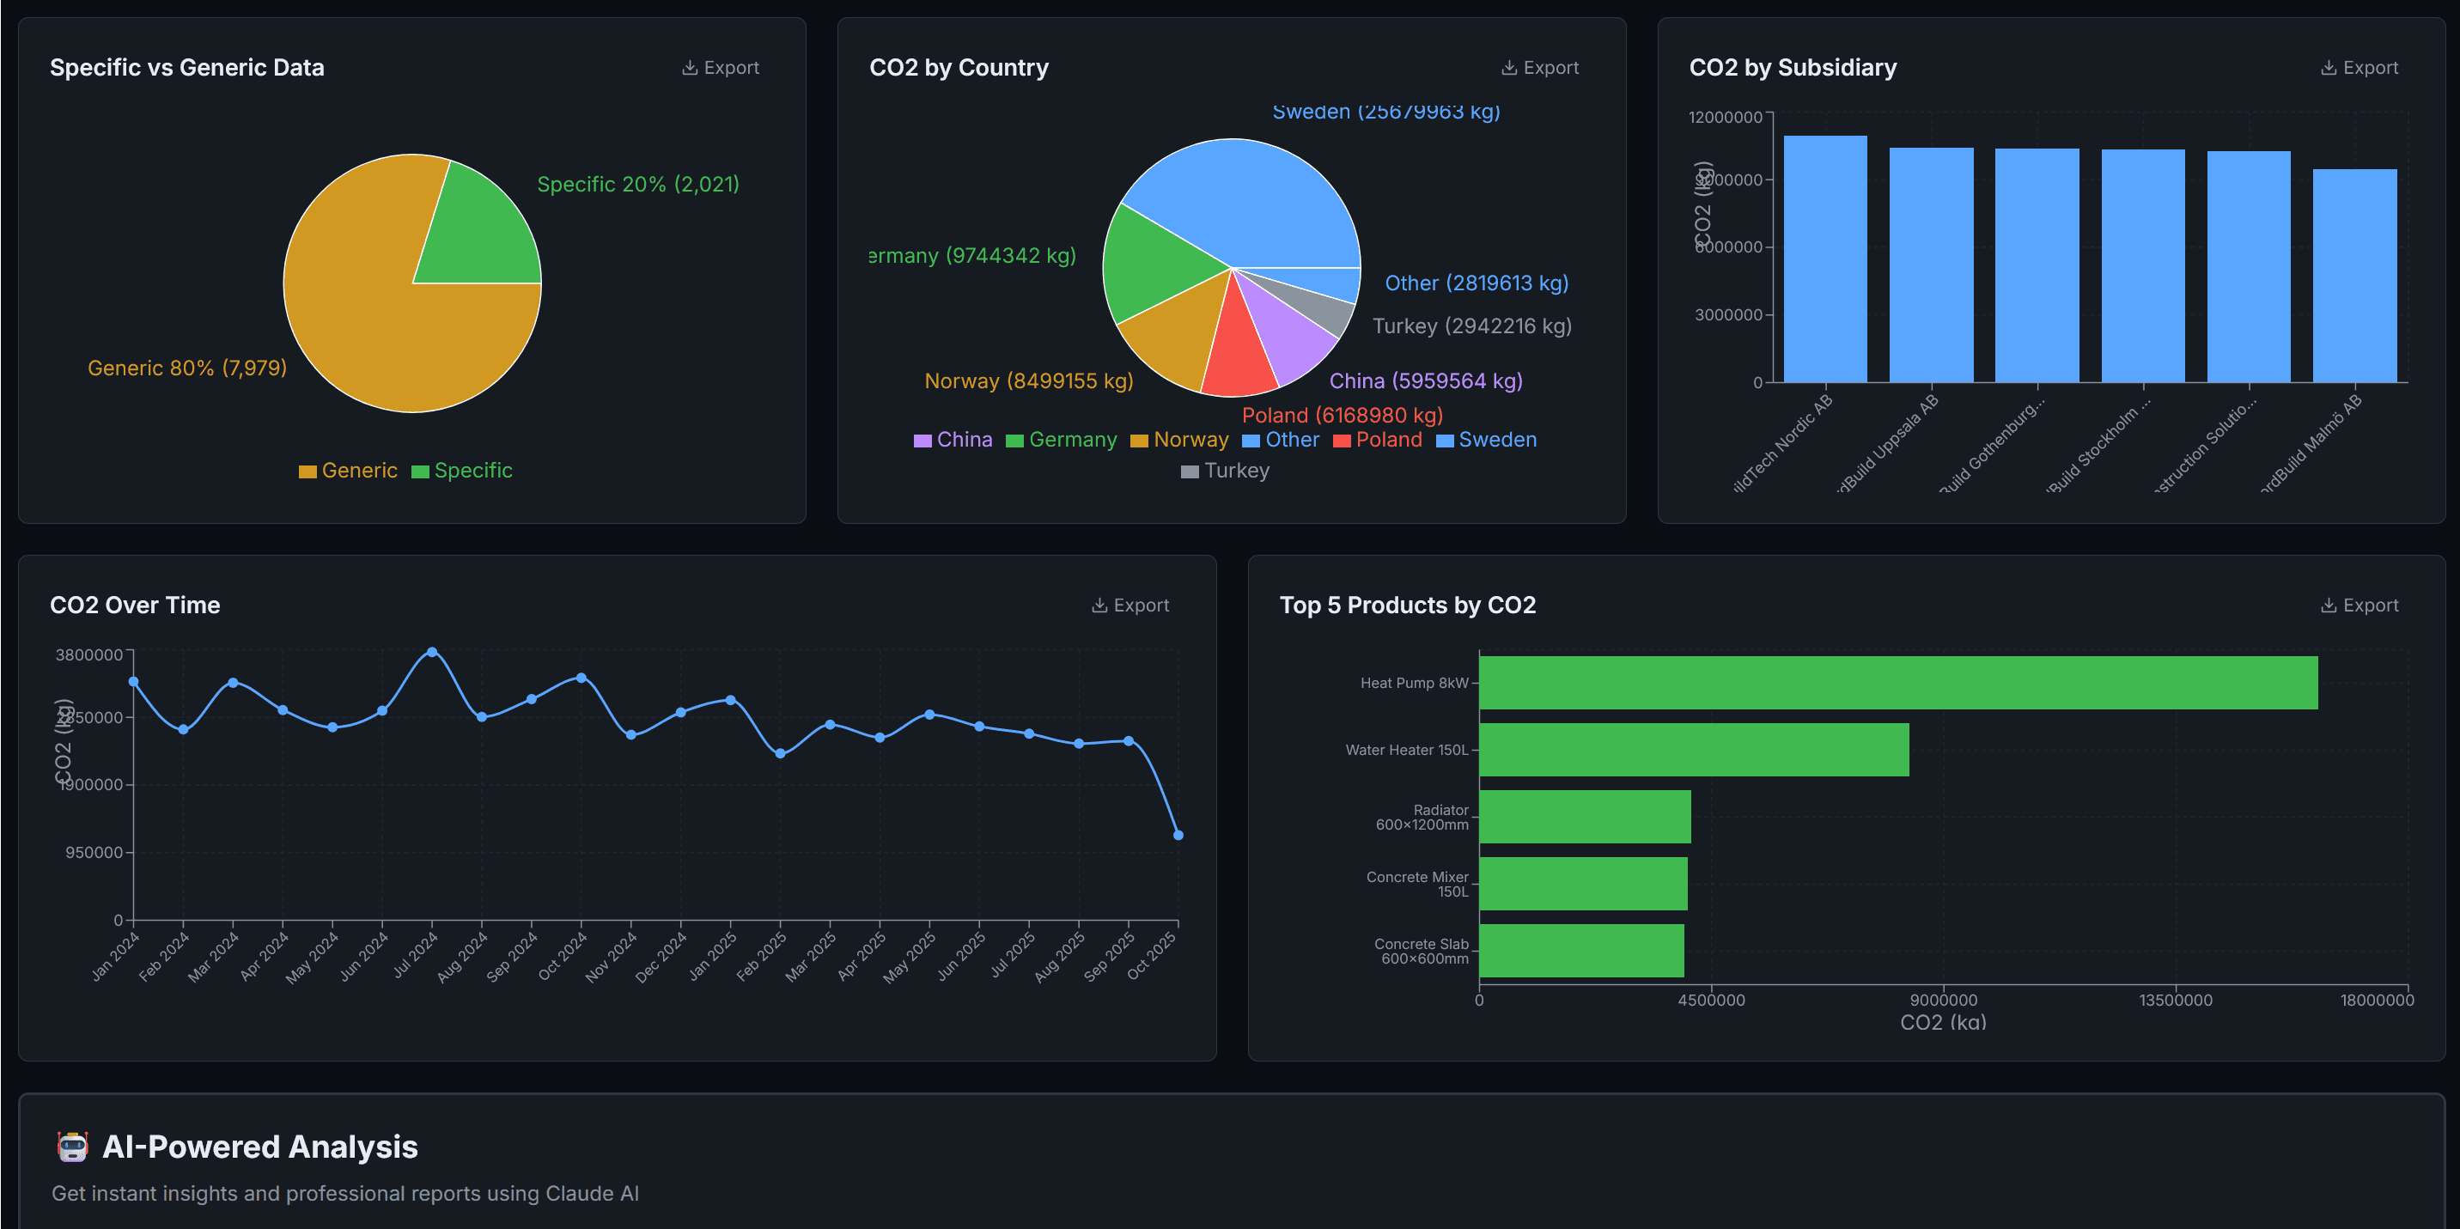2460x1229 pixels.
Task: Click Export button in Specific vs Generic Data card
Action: (x=721, y=68)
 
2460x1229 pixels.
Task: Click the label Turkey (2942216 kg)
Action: (x=1471, y=326)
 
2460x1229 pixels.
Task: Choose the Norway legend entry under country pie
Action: (x=1179, y=441)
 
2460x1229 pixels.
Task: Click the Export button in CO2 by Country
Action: (x=1540, y=68)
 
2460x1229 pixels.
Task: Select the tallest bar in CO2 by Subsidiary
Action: (x=1824, y=259)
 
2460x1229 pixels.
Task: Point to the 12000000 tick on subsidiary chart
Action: (x=1725, y=118)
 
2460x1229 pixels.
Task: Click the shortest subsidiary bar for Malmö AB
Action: (x=2354, y=276)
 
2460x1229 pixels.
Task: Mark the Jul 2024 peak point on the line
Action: (x=432, y=652)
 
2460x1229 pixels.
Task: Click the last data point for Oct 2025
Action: (x=1178, y=836)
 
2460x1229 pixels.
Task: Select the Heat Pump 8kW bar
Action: (x=1897, y=683)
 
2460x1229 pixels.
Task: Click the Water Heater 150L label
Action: (x=1406, y=751)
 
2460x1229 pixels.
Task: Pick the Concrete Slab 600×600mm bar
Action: (x=1580, y=951)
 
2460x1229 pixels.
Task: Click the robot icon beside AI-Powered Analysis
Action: (x=72, y=1147)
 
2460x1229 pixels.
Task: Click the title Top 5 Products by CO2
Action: (x=1407, y=605)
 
